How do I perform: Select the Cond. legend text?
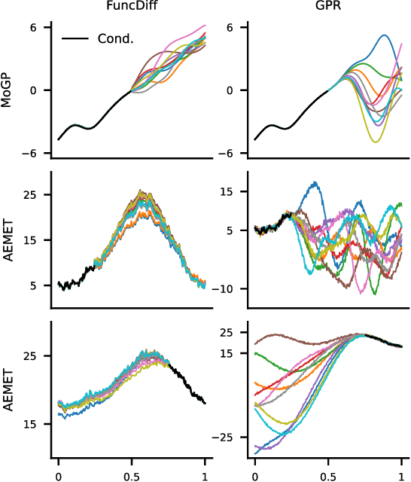115,38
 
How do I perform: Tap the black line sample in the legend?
75,38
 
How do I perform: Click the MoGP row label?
8,90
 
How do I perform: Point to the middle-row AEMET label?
8,240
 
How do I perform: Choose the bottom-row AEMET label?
8,390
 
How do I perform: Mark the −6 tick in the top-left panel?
30,153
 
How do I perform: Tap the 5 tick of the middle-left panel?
35,285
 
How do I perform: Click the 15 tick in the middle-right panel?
228,191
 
